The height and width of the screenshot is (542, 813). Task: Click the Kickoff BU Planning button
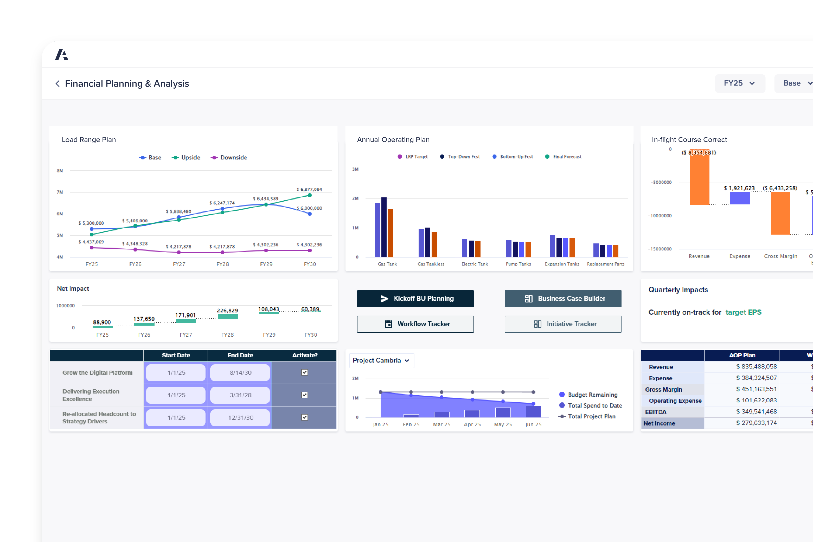click(x=415, y=298)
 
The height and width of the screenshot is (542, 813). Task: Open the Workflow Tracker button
click(x=415, y=324)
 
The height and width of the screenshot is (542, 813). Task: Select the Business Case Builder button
click(x=563, y=298)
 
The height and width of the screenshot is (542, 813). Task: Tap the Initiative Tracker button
click(x=563, y=324)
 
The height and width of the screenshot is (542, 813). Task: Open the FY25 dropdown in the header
click(x=739, y=83)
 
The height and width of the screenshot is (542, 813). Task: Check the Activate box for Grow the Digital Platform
click(x=304, y=372)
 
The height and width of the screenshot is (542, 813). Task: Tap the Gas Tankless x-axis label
click(x=431, y=264)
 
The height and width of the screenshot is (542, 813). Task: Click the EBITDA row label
click(x=655, y=412)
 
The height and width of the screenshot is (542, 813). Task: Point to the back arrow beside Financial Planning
click(x=57, y=84)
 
